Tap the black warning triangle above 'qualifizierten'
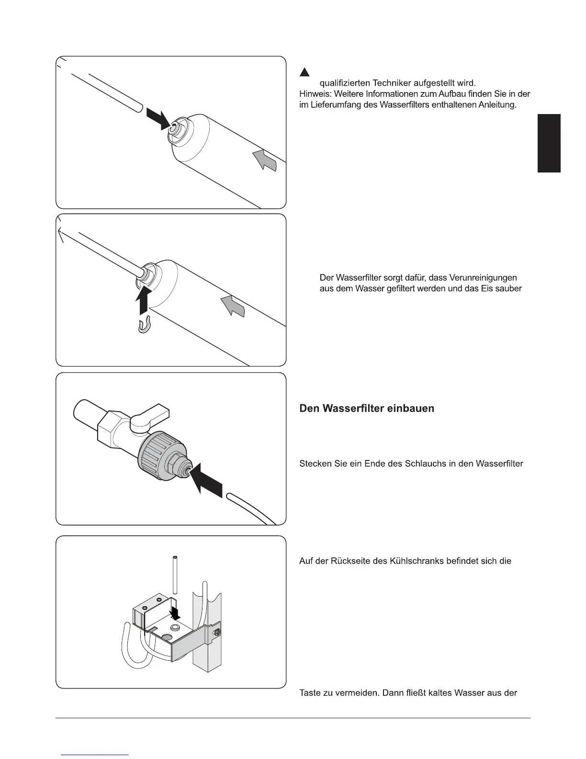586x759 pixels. tap(304, 72)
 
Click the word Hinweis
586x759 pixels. tap(313, 94)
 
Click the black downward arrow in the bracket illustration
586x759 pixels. tap(176, 611)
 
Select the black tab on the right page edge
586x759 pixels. tap(549, 143)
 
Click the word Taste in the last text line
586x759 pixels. tap(310, 693)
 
